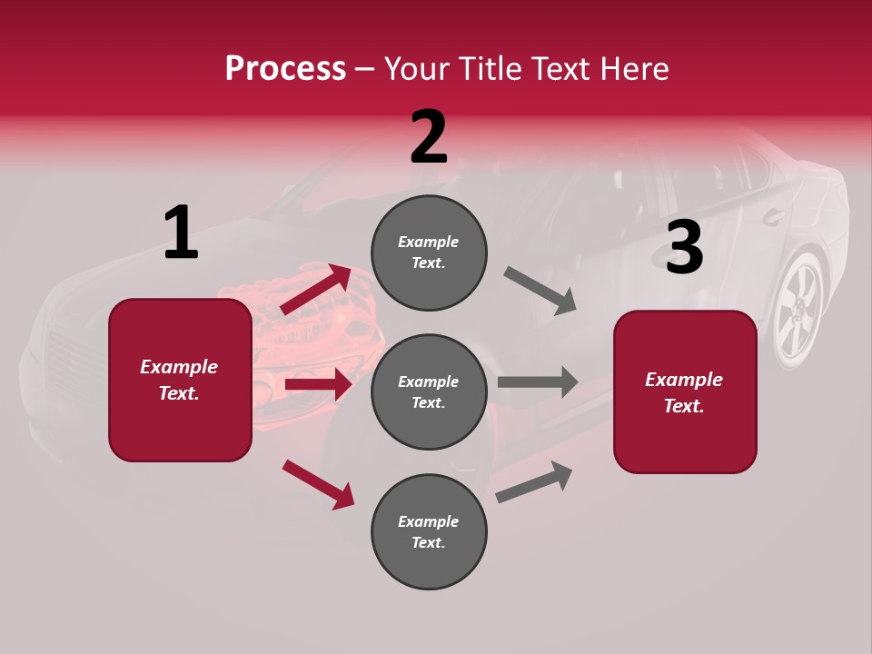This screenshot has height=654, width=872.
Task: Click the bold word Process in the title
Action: click(285, 68)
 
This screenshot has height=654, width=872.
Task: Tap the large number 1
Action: click(181, 233)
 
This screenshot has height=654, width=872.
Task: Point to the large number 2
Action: click(429, 137)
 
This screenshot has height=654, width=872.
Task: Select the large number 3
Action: click(684, 247)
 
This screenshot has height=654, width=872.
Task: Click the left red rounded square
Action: click(180, 380)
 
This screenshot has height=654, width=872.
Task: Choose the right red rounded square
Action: click(685, 391)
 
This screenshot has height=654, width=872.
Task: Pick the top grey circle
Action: click(429, 253)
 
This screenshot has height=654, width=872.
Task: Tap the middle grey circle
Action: click(429, 391)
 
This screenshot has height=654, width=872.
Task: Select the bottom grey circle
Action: click(429, 531)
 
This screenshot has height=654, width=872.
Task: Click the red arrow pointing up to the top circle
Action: click(316, 290)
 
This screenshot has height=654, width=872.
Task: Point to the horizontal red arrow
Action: click(318, 384)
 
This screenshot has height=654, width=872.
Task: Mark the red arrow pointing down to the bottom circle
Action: click(318, 483)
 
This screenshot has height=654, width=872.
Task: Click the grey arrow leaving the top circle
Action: click(540, 291)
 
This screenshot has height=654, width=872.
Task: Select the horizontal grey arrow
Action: click(538, 381)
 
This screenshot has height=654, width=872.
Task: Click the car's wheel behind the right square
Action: click(798, 310)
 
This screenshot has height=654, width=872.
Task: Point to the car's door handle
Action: click(773, 216)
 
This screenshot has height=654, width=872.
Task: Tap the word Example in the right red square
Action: click(684, 380)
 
